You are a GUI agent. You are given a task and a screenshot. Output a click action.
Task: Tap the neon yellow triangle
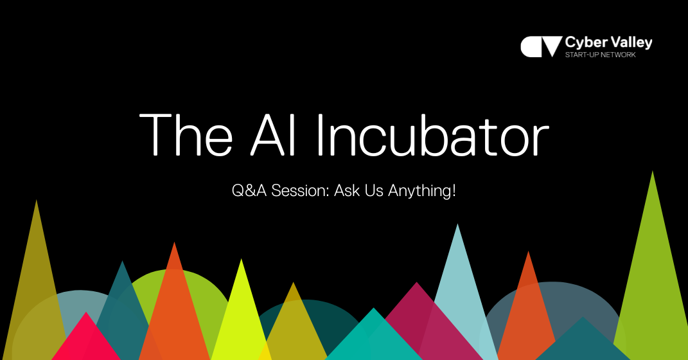pos(241,309)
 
